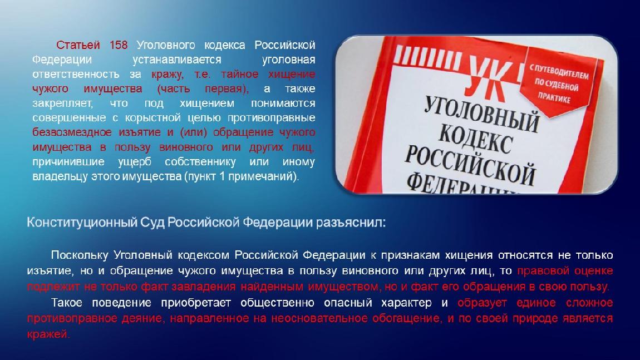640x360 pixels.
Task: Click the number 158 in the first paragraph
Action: click(119, 45)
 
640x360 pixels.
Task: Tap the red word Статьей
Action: click(78, 45)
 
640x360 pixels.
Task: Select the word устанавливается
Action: click(177, 60)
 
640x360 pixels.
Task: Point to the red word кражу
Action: click(168, 75)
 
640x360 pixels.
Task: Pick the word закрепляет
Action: click(62, 103)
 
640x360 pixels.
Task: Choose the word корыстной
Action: click(152, 118)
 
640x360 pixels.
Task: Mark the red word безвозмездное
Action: click(72, 132)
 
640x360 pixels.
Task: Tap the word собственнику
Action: click(200, 162)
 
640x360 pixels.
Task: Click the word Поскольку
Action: click(80, 255)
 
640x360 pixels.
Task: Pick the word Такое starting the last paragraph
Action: click(67, 303)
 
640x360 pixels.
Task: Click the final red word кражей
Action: click(48, 334)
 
